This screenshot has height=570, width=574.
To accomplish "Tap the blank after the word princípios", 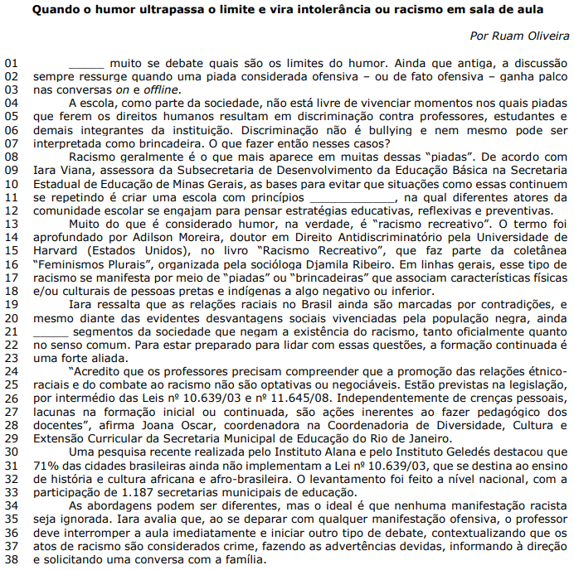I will (x=353, y=198).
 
